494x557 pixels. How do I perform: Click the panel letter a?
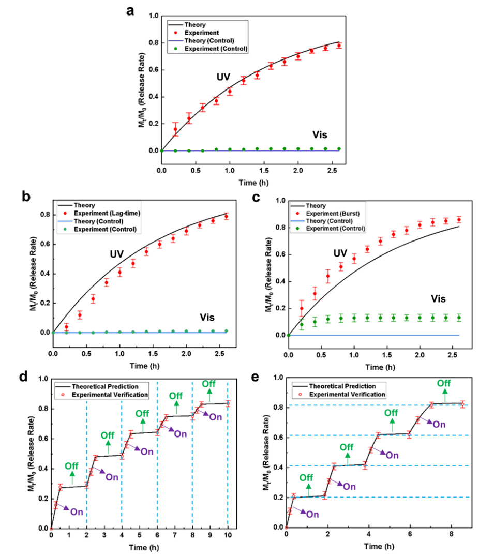[x=131, y=11]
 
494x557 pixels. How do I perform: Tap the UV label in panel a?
[x=223, y=77]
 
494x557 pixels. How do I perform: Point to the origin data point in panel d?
[x=51, y=528]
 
